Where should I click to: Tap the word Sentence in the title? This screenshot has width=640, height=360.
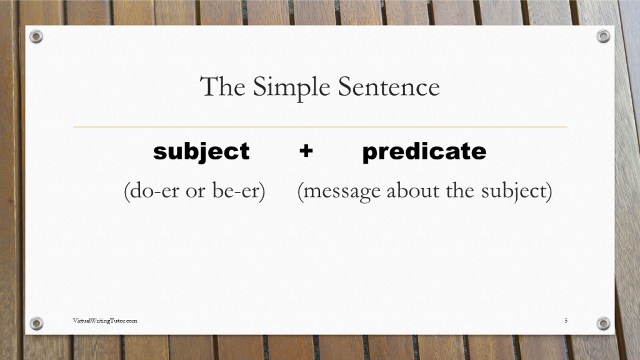tap(389, 86)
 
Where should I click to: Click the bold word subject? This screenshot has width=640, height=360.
tap(201, 152)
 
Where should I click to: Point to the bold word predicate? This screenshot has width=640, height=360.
tap(424, 152)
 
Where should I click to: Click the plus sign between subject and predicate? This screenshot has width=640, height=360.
tap(306, 151)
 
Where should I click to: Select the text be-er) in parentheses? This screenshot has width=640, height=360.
tap(240, 191)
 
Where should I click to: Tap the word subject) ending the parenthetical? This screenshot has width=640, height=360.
tap(516, 191)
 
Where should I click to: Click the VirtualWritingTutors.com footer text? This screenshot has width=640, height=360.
tap(105, 321)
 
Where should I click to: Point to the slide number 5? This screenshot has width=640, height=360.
tap(566, 321)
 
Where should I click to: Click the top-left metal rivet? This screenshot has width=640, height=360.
tap(36, 36)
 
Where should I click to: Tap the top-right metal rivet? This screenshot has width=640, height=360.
tap(603, 36)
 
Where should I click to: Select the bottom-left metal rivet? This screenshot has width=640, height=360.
tap(36, 323)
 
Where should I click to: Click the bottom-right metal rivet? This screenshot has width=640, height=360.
tap(603, 323)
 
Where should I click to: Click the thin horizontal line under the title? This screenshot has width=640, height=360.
tap(320, 127)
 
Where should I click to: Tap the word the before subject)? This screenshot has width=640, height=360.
tap(459, 191)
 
